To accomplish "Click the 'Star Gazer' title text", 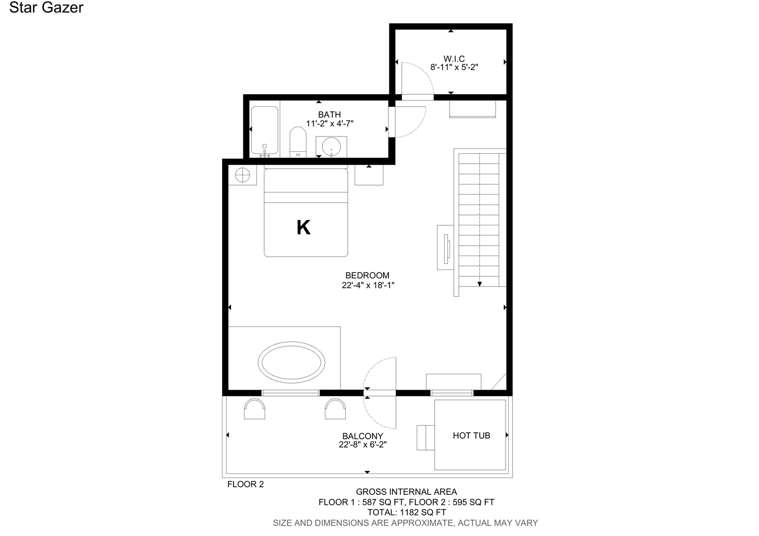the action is click(x=46, y=7).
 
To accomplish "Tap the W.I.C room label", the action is click(x=454, y=59).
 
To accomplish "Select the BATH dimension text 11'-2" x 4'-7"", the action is click(x=330, y=124).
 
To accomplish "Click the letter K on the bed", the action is click(x=304, y=227).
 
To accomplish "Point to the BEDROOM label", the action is click(x=367, y=275).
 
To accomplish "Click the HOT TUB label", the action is click(x=471, y=435).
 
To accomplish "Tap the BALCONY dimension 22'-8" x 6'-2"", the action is click(x=363, y=445).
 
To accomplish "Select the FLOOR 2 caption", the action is click(x=245, y=484).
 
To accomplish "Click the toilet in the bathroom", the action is click(x=298, y=142).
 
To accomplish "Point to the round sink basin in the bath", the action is click(x=331, y=147).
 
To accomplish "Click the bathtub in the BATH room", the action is click(x=265, y=131).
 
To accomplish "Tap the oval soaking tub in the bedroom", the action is click(x=292, y=362).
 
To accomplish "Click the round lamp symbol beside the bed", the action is click(x=242, y=175).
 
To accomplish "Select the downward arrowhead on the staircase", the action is click(x=479, y=284).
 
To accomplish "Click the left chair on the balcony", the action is click(x=254, y=408).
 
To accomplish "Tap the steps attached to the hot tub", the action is click(x=426, y=437).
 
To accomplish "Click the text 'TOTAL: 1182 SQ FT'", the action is click(x=407, y=512).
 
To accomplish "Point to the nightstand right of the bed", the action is click(x=369, y=175).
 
